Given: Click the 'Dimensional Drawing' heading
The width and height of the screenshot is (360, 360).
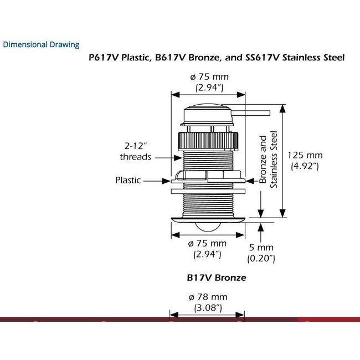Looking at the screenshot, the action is pos(41,44).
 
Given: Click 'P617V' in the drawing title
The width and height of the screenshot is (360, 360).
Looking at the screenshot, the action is pos(104,58).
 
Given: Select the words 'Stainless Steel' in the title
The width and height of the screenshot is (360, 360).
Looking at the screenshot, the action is pos(313,58).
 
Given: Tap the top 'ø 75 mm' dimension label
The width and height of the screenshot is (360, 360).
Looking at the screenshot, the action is pos(209,76).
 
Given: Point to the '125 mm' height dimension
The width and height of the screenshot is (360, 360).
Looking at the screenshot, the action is pos(305,155).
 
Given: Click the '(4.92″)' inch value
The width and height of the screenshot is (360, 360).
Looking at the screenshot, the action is pos(305,166).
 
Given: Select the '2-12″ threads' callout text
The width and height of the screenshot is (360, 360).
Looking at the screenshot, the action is pos(136,151).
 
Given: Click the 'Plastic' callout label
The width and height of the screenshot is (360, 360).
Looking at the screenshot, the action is pos(128,180).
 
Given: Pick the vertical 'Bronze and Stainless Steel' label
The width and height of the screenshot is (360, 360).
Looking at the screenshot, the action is pos(268,160).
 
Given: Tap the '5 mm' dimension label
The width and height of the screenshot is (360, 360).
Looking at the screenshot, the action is pos(261,248).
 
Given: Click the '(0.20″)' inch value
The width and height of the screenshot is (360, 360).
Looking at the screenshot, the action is pos(261,259).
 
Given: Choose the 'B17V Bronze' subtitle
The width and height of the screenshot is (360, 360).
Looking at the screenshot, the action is pos(217,278).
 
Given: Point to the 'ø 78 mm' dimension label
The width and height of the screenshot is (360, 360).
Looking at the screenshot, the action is pos(208,297).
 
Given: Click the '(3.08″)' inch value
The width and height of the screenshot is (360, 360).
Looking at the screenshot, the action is pos(208,308).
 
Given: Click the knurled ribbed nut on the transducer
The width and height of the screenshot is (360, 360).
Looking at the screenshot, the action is pos(208,141).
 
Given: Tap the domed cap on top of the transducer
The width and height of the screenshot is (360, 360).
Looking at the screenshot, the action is pos(208,114).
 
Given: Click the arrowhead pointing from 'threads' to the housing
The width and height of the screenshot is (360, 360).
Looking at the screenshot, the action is pos(178,158).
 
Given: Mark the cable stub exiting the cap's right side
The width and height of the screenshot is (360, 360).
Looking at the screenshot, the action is pos(251,113).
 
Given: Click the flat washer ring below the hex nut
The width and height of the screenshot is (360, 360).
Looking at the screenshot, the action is pos(208,191).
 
